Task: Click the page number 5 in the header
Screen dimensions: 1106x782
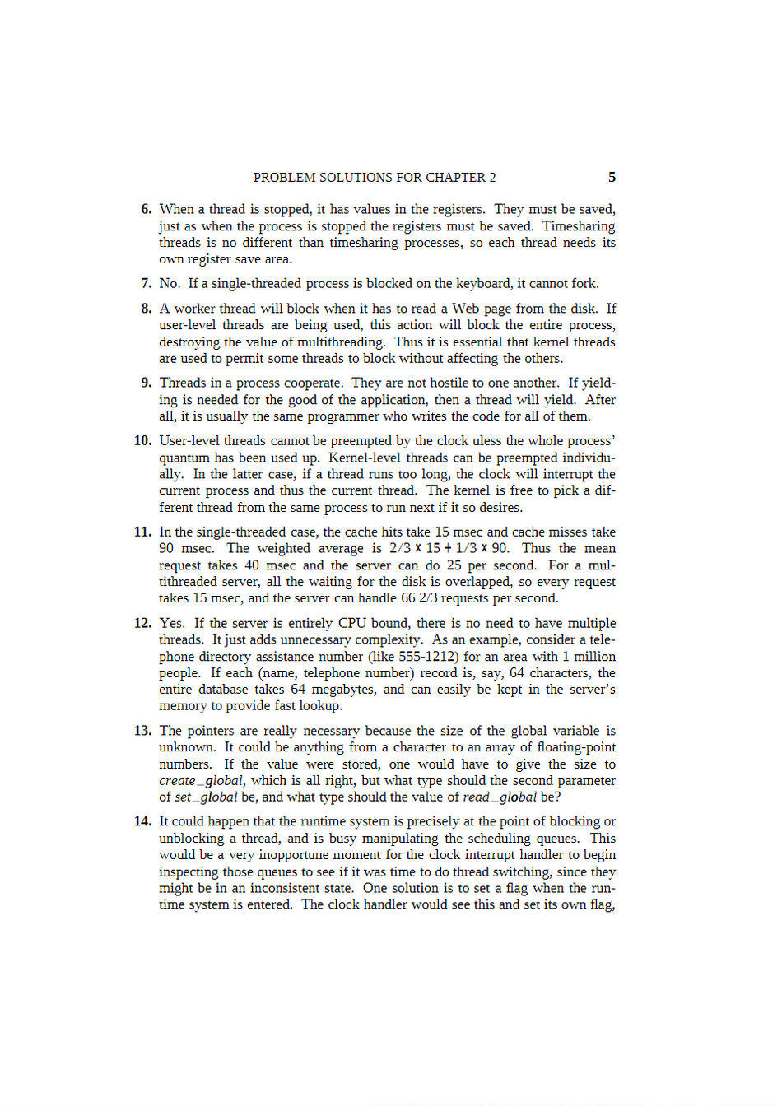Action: [x=612, y=178]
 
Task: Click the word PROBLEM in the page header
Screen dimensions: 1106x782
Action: [x=284, y=178]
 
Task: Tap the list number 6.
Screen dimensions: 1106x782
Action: [x=147, y=210]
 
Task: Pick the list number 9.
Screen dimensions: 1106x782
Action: [x=147, y=383]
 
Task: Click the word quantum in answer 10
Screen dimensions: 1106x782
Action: [x=184, y=458]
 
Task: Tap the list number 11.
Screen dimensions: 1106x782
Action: [x=143, y=532]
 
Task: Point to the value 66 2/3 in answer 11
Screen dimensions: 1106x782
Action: [x=420, y=598]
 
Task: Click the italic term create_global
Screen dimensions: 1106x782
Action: [x=201, y=781]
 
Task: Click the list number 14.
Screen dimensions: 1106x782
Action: [x=143, y=821]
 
